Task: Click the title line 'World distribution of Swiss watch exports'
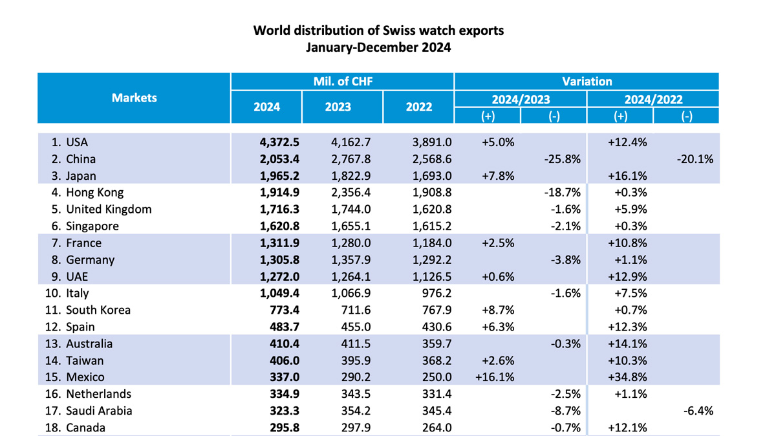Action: (378, 30)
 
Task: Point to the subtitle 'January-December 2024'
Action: (378, 47)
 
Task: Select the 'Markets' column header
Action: (134, 98)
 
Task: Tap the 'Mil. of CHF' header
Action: (342, 82)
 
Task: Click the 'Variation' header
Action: (587, 82)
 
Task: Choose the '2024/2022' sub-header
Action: (653, 99)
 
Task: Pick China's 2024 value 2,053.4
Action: (275, 159)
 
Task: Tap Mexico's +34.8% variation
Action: (628, 377)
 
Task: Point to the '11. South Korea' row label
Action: (88, 310)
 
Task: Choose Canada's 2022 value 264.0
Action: (436, 428)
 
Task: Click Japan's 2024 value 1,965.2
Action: (275, 176)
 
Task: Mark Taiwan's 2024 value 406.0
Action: (283, 360)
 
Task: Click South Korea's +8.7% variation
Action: (498, 310)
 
